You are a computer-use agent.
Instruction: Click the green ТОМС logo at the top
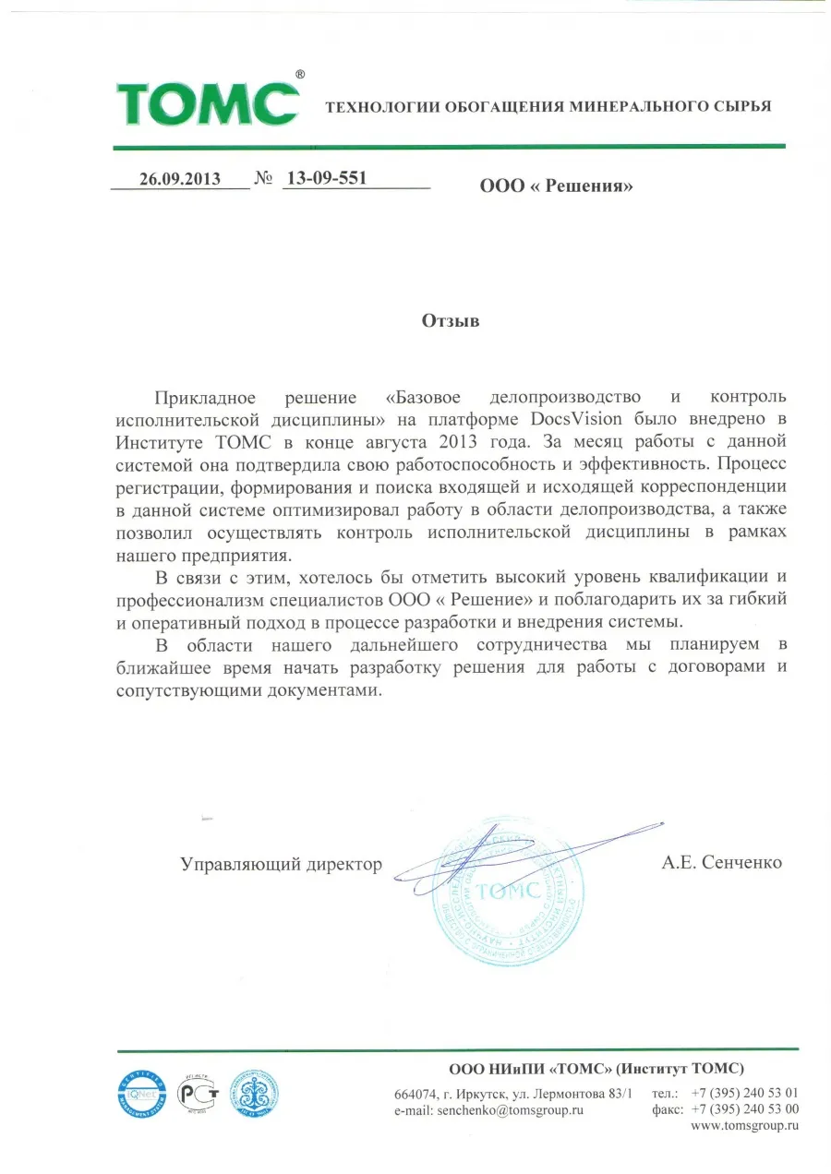(x=208, y=104)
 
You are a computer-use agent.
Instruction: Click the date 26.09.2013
(x=180, y=179)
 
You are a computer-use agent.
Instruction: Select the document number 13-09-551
(x=327, y=178)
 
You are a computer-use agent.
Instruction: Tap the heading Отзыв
(x=452, y=321)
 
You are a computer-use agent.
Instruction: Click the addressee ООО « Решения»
(x=557, y=186)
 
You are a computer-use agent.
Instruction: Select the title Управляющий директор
(x=281, y=864)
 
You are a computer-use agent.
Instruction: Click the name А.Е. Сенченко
(x=722, y=863)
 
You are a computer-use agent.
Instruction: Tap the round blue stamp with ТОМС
(x=508, y=890)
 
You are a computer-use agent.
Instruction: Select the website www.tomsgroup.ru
(x=744, y=1126)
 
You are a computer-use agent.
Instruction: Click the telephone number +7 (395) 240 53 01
(x=744, y=1093)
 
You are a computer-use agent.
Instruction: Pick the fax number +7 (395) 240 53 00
(x=744, y=1109)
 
